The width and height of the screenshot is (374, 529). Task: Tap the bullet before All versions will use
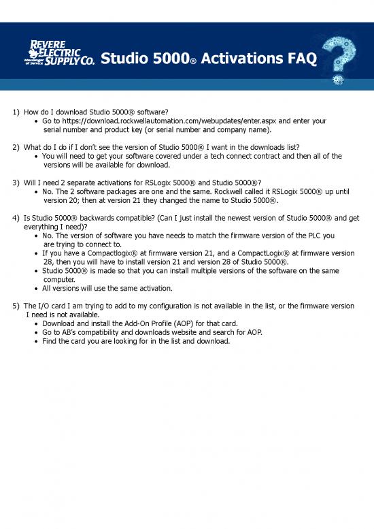tap(35, 289)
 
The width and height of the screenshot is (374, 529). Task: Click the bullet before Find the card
tap(35, 341)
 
